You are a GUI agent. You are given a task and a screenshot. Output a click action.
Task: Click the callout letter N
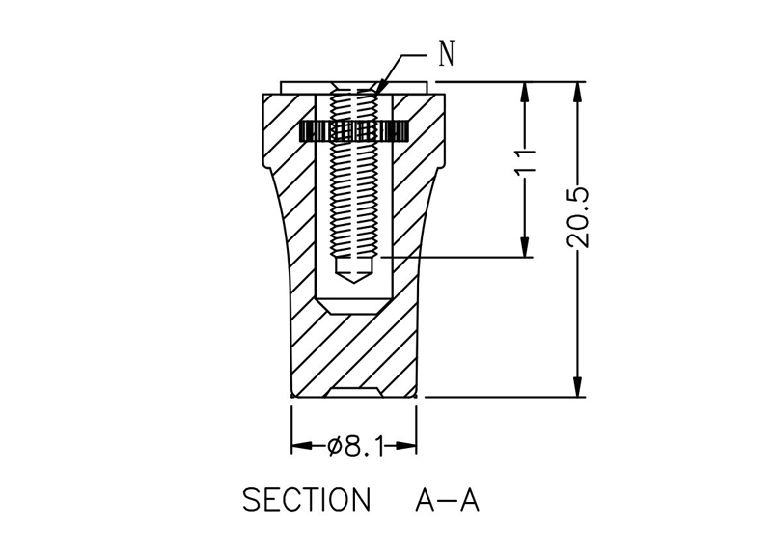point(446,54)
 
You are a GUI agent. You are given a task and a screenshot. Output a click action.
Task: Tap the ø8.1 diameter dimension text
point(356,446)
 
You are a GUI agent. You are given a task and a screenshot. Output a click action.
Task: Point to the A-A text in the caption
point(447,501)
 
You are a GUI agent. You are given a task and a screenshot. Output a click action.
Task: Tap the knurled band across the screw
point(354,130)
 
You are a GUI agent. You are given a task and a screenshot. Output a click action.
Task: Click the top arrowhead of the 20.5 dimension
point(579,90)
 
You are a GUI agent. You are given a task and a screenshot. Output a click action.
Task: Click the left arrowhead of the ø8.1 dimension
point(298,446)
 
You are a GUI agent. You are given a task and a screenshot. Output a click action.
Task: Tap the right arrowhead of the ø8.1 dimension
point(410,446)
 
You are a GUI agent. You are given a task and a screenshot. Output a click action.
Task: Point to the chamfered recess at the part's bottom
point(354,391)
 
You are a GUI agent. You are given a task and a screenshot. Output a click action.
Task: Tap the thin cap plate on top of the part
point(354,87)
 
